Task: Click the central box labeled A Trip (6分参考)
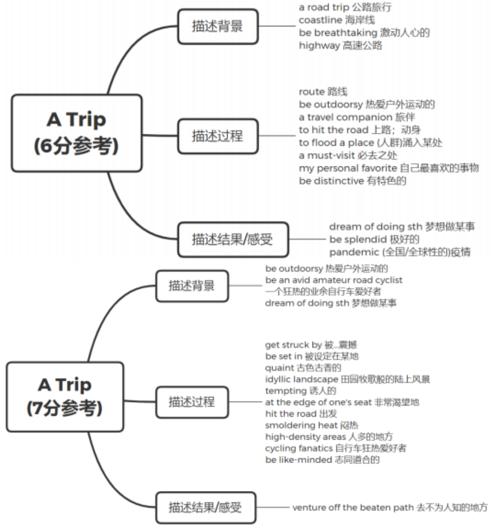pos(77,133)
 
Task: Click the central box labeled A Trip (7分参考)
pos(65,396)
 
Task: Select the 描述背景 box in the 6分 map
pos(217,26)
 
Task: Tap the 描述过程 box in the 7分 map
pos(192,402)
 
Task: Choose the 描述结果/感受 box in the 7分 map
pos(205,507)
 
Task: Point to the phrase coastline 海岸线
pos(337,20)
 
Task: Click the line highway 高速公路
pos(340,45)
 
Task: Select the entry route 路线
pos(323,92)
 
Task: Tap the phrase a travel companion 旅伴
pos(357,117)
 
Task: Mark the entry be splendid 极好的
pos(374,239)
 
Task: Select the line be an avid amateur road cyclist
pos(334,280)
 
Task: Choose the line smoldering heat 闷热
pos(312,425)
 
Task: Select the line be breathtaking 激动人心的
pos(364,33)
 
